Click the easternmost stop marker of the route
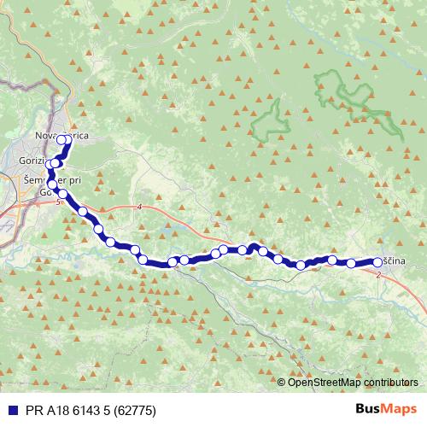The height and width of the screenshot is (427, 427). click(x=377, y=262)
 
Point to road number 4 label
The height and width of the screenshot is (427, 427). click(x=138, y=208)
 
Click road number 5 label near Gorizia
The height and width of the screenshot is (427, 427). click(x=57, y=202)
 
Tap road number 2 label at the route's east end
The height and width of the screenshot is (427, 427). click(x=377, y=275)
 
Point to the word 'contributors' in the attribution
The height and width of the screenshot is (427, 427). click(x=391, y=382)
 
